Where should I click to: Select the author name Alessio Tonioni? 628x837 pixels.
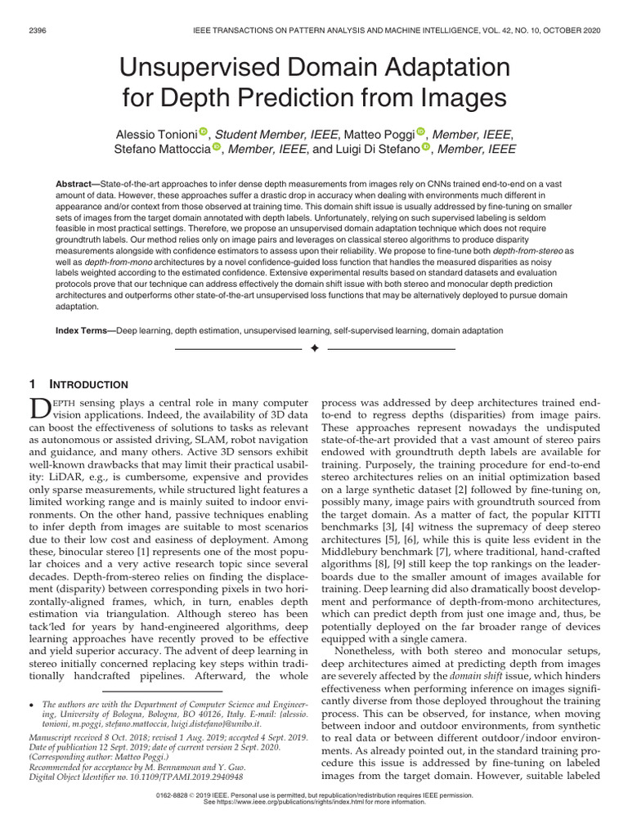pos(155,134)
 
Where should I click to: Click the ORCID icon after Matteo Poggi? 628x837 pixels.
pos(422,132)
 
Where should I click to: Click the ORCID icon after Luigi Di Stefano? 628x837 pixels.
pos(426,147)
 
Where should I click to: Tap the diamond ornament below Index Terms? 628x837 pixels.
pos(314,349)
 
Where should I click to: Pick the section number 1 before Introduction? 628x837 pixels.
pos(32,384)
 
